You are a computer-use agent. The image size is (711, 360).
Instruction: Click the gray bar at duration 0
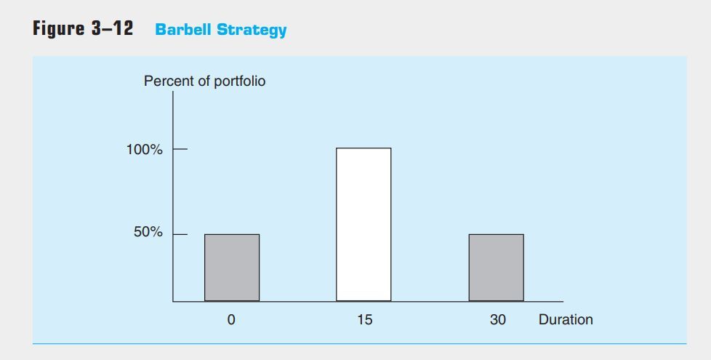[232, 267]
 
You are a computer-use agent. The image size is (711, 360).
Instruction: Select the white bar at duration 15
[363, 224]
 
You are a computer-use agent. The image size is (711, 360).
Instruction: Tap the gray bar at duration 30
[496, 267]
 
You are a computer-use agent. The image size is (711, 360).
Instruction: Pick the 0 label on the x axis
[231, 319]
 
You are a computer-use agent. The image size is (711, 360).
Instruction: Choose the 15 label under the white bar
[364, 319]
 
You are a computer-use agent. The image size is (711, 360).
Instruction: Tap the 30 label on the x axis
[497, 319]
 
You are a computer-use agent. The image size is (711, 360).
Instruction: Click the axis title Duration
[566, 319]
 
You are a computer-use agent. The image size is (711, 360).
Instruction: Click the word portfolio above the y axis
[237, 81]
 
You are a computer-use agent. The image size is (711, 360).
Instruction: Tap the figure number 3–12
[113, 29]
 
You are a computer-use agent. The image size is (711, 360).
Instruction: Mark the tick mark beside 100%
[180, 150]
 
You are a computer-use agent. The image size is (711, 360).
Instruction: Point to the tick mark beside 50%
[180, 234]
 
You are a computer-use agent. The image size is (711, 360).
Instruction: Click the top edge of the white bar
[363, 148]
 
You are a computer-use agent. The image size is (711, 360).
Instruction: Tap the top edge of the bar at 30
[496, 234]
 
